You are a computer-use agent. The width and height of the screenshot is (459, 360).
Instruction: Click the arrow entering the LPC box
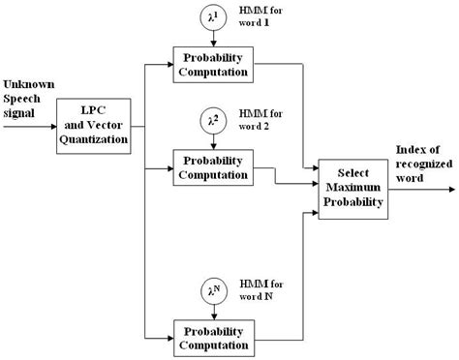click(x=29, y=126)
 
